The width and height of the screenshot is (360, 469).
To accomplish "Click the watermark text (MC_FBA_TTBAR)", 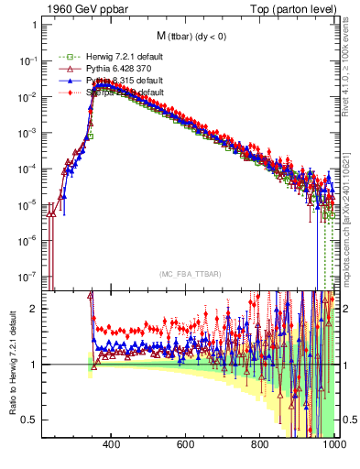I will tap(190, 275).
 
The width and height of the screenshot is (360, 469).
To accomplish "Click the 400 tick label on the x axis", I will tap(112, 446).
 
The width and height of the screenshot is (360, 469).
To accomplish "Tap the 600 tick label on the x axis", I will tap(186, 446).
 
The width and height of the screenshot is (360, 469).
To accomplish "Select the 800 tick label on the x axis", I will tap(260, 446).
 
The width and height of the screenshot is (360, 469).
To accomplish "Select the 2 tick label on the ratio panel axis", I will tap(35, 309).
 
